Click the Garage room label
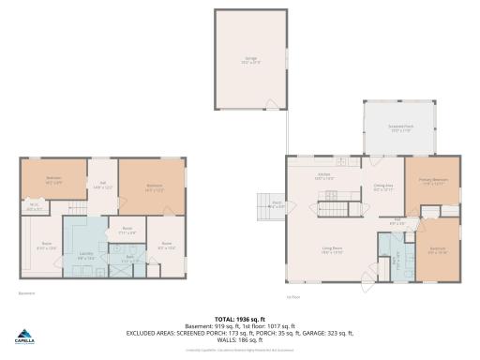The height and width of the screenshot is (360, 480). [251, 60]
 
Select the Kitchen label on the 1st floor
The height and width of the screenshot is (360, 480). [324, 175]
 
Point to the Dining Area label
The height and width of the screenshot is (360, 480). [382, 187]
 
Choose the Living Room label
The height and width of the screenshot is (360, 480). [330, 248]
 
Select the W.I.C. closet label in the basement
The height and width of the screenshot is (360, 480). [34, 208]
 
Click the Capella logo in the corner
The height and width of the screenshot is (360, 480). [26, 335]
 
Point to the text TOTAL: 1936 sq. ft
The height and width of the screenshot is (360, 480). [239, 319]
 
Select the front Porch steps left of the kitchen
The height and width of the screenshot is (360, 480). [266, 204]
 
